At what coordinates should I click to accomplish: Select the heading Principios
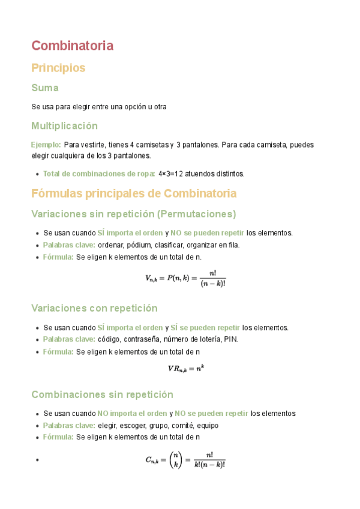[x=58, y=68]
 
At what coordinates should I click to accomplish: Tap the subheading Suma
[x=44, y=88]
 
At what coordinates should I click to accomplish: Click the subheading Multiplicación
[x=64, y=126]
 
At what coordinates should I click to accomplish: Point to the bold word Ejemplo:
[x=46, y=145]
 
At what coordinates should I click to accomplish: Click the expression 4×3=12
[x=171, y=173]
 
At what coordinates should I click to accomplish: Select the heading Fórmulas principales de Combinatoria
[x=134, y=193]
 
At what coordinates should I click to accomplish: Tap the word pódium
[x=138, y=245]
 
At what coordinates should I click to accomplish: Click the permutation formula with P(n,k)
[x=185, y=279]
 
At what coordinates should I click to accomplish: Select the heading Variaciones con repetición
[x=94, y=308]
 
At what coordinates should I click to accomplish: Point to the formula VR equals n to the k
[x=185, y=369]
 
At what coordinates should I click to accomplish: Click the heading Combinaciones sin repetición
[x=102, y=394]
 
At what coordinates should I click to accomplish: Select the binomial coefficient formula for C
[x=185, y=460]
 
